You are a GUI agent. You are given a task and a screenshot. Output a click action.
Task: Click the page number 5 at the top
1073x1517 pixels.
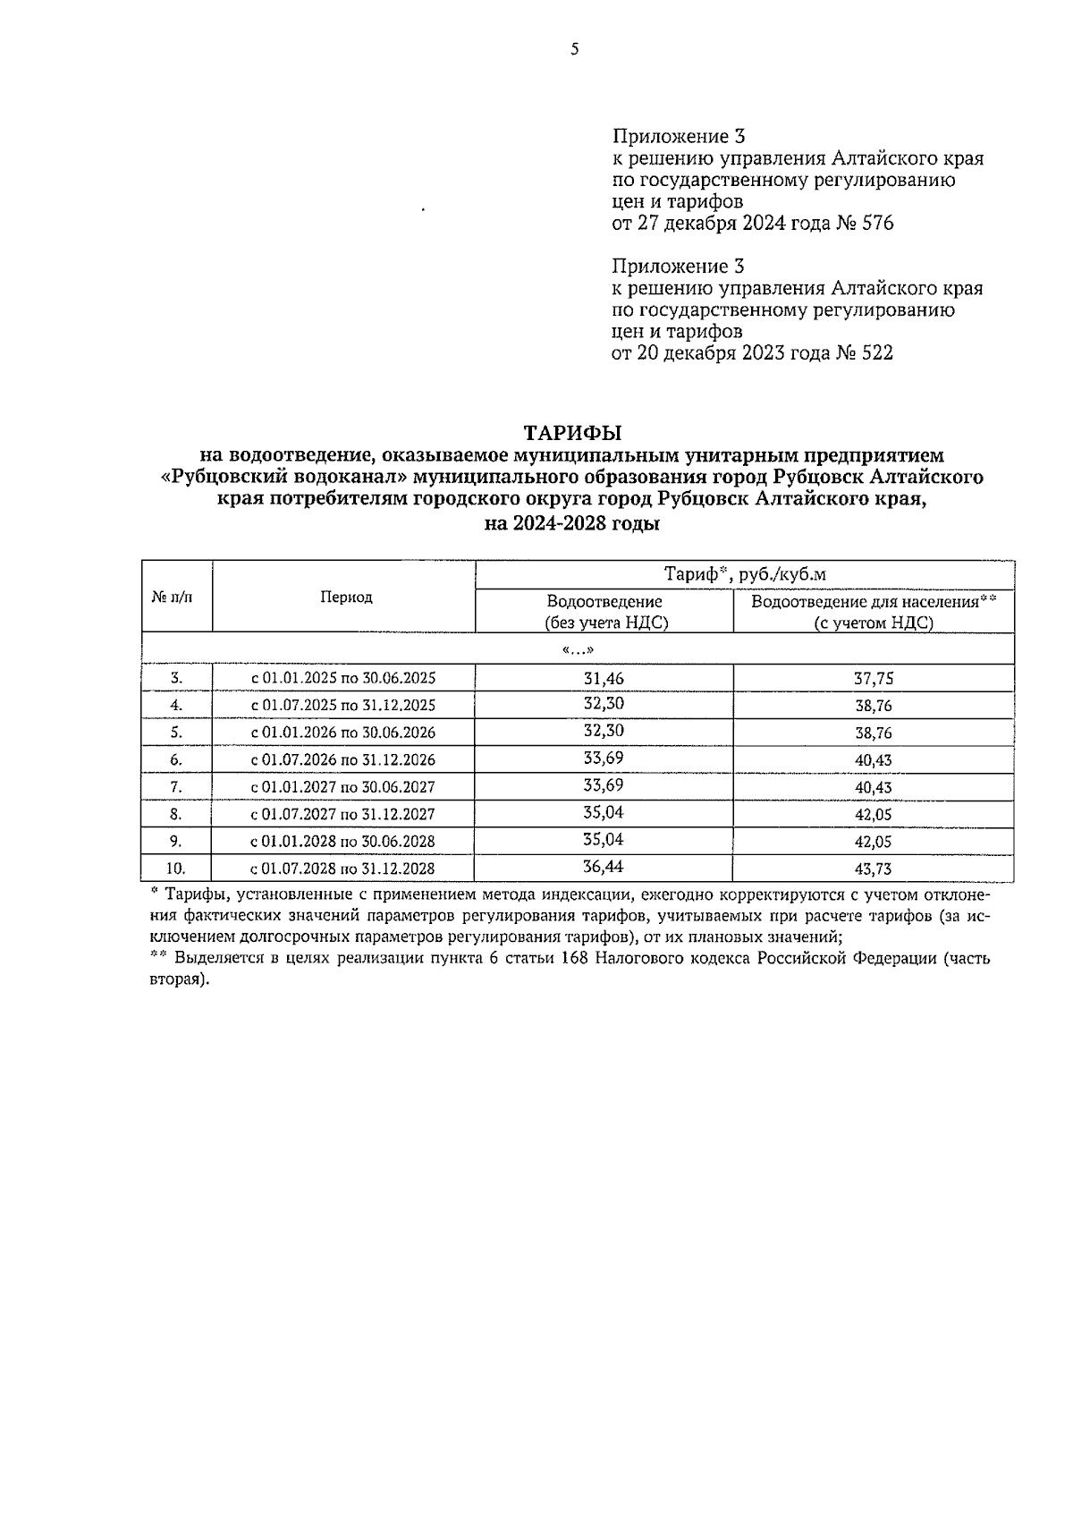click(x=574, y=50)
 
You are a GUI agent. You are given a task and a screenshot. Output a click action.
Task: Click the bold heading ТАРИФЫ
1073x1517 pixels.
click(x=572, y=434)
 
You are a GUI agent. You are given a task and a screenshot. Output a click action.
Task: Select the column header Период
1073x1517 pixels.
click(x=346, y=597)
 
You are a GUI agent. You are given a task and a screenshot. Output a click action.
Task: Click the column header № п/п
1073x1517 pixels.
click(x=176, y=597)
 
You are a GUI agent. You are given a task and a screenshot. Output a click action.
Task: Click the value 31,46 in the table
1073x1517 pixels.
click(x=604, y=678)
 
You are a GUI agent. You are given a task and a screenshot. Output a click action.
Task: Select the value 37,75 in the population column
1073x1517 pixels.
click(x=874, y=679)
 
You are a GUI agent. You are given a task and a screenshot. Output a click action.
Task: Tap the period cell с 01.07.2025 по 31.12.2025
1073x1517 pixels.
click(x=343, y=706)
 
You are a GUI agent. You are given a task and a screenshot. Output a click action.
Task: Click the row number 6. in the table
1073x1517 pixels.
click(x=176, y=760)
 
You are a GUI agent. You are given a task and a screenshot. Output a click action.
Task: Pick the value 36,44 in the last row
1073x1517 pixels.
click(x=604, y=867)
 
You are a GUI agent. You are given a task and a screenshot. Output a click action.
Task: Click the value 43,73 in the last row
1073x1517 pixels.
click(x=874, y=869)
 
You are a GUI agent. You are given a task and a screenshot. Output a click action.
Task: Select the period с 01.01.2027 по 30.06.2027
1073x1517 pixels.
click(x=343, y=787)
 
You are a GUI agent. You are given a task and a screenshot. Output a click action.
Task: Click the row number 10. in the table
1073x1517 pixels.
click(x=176, y=869)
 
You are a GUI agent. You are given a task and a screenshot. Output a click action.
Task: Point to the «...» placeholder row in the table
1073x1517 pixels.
click(x=578, y=650)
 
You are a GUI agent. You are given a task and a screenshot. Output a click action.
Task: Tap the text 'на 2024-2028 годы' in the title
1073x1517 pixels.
click(x=572, y=525)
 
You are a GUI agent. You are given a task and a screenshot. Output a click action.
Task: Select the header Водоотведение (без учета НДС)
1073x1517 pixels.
click(x=604, y=613)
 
